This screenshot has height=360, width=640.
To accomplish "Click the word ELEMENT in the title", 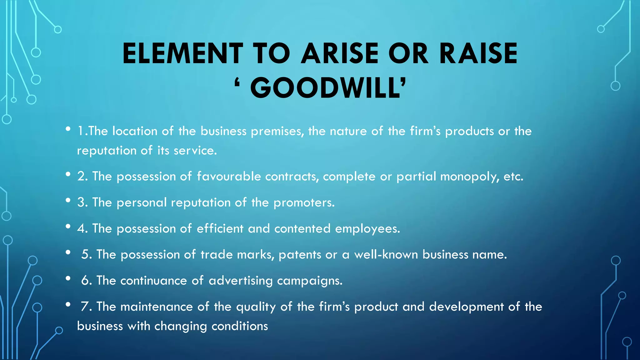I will [183, 53].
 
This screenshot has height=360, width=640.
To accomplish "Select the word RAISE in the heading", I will [478, 53].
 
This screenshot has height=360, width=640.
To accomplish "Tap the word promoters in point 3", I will [304, 203].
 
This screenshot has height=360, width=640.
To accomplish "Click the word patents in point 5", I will [300, 255].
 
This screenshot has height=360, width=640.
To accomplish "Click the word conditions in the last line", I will [240, 326].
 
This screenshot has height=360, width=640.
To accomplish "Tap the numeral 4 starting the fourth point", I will [82, 229].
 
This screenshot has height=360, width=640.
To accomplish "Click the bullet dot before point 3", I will [68, 201].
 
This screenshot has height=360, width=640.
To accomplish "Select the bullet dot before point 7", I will [68, 305].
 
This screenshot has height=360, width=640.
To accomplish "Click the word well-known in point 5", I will [386, 255].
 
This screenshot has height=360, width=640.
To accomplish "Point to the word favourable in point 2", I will [229, 177].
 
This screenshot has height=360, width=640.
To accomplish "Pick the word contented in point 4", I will [302, 229].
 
